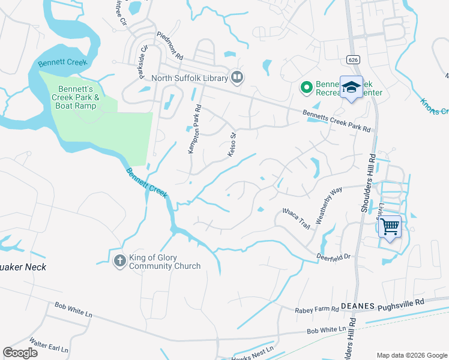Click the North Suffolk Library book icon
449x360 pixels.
[x=237, y=77]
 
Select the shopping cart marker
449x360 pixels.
[x=390, y=227]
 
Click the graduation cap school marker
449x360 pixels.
[x=351, y=88]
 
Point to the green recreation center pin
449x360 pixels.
[x=306, y=88]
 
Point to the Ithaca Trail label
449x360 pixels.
[x=297, y=218]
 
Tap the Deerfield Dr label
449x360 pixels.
[x=333, y=257]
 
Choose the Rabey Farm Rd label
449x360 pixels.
[x=317, y=310]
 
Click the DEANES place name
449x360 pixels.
[x=358, y=305]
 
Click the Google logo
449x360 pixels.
[x=20, y=352]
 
